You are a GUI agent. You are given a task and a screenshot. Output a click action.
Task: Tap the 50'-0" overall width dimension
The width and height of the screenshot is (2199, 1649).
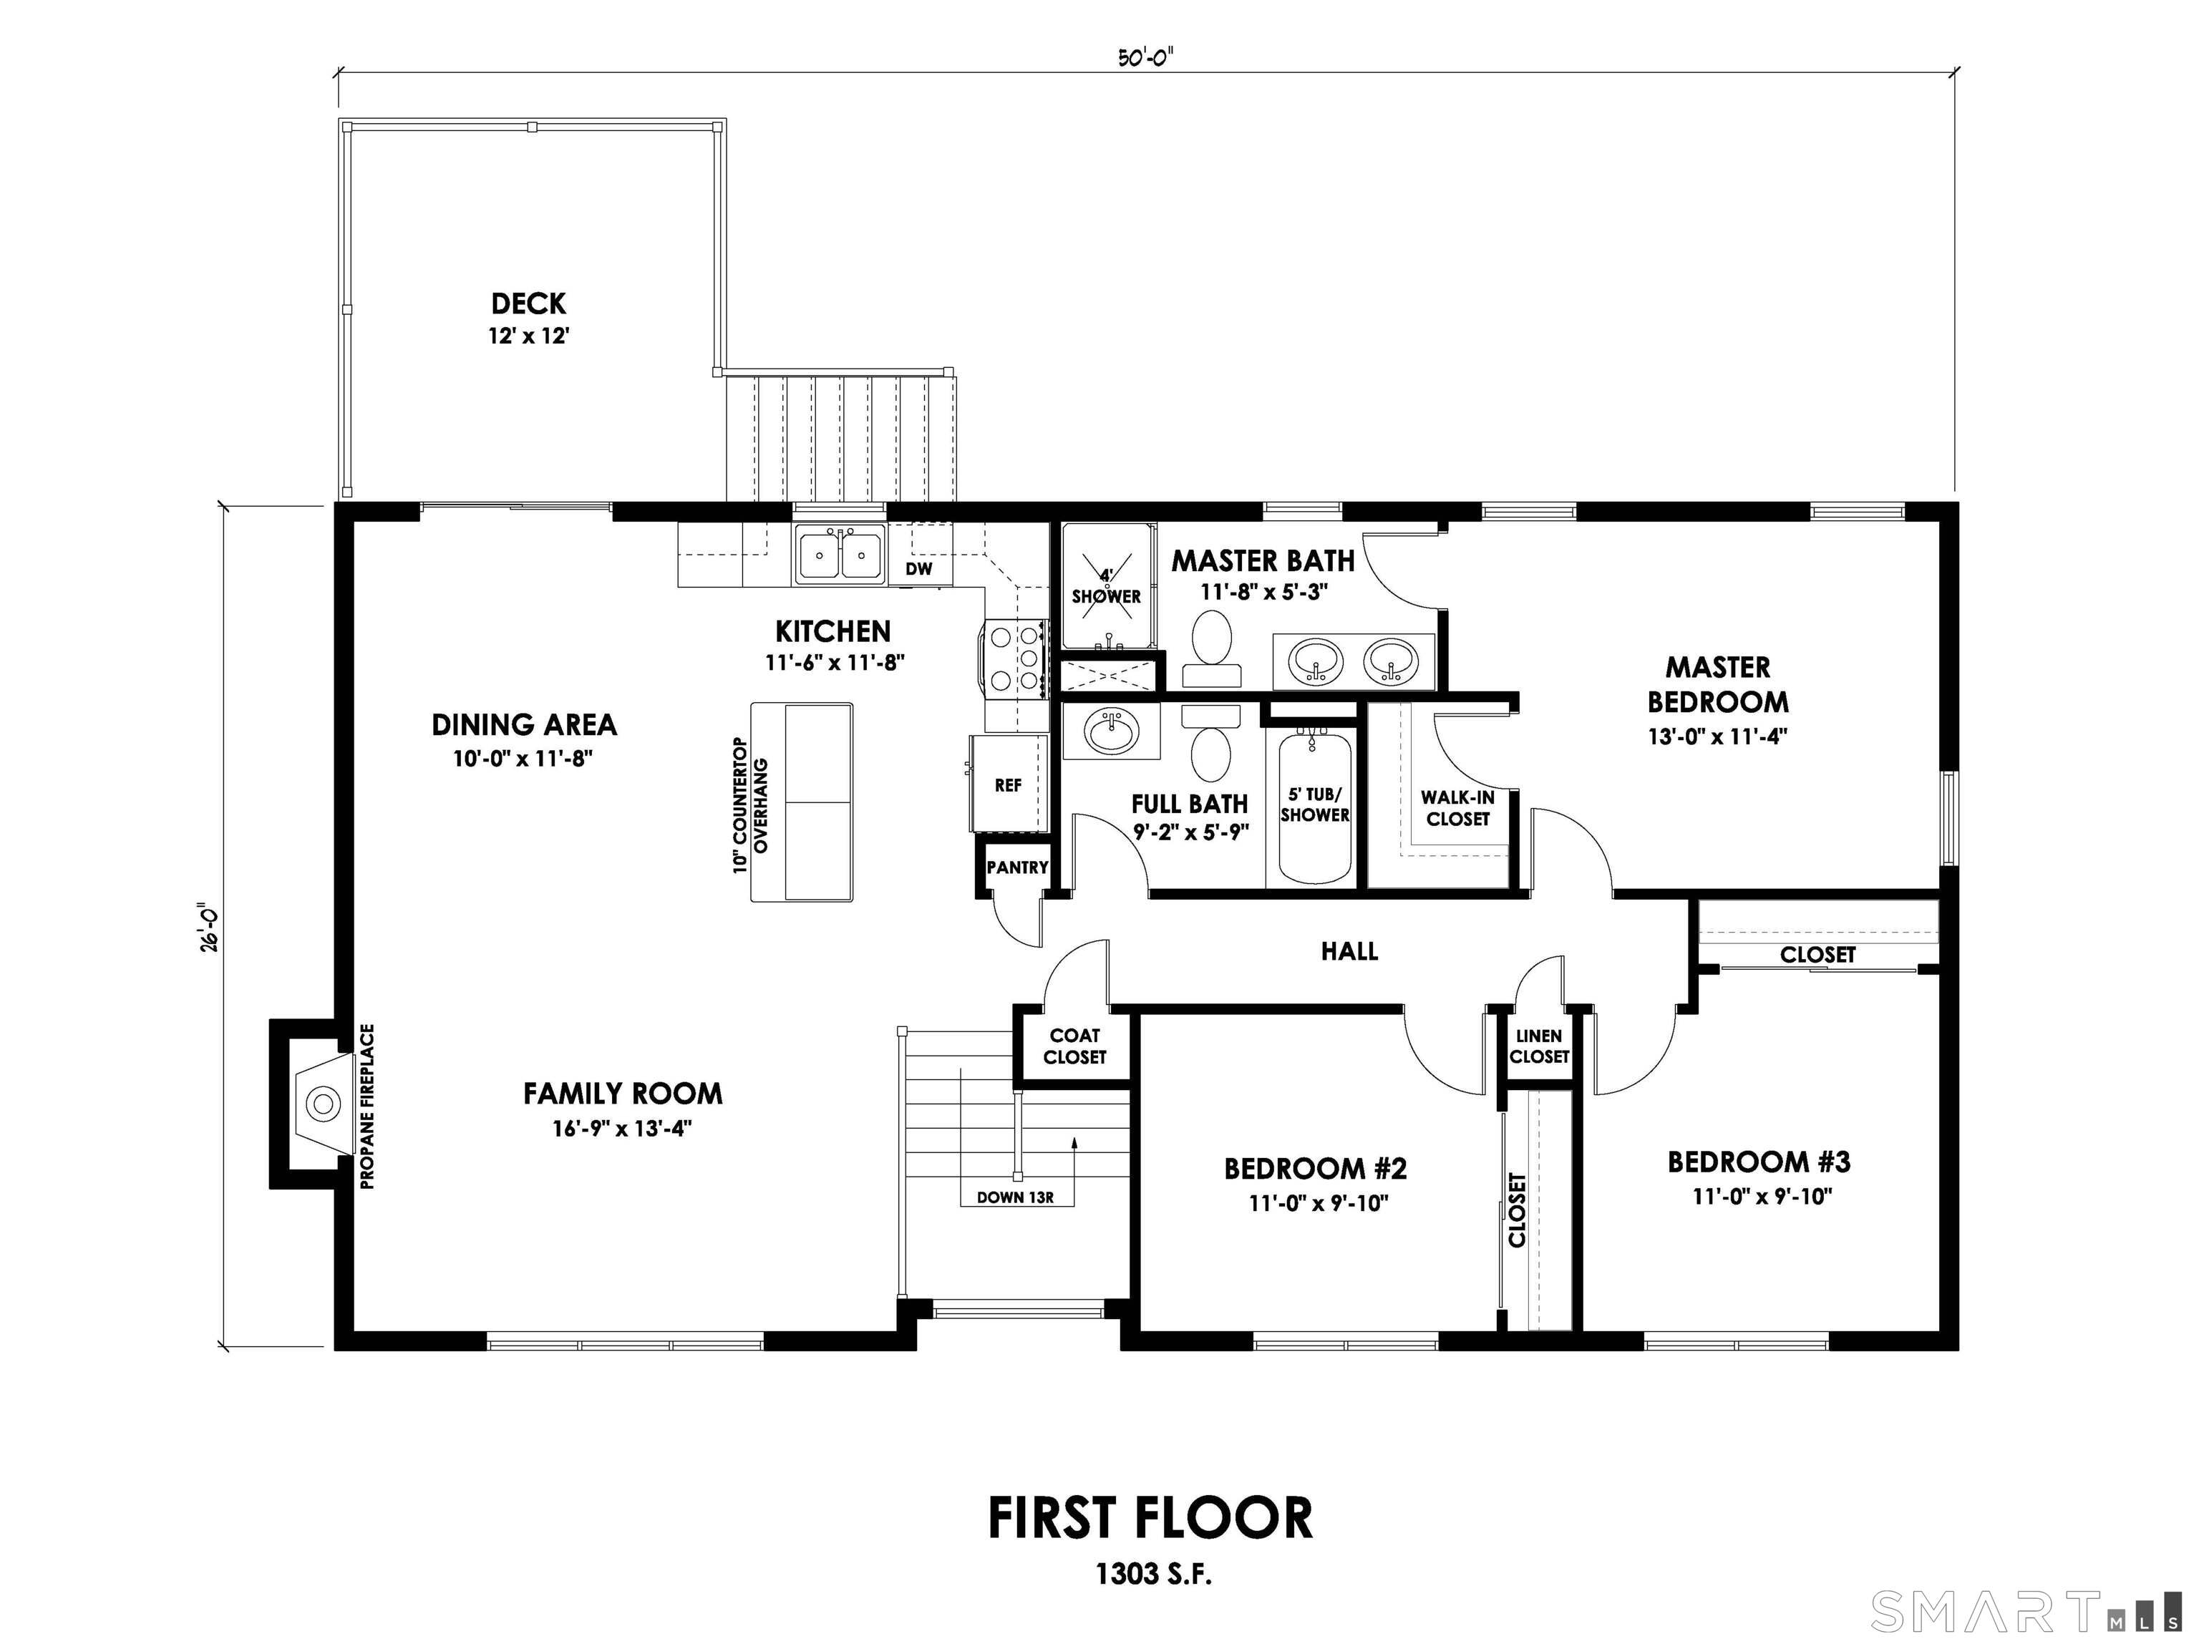coord(1145,58)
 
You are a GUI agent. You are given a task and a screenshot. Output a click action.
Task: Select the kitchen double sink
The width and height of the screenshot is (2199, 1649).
coord(840,555)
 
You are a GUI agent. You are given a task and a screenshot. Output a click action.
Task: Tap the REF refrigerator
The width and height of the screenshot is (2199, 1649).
coord(1008,785)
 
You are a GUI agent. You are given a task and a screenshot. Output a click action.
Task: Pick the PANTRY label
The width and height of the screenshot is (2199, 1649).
coord(1017,867)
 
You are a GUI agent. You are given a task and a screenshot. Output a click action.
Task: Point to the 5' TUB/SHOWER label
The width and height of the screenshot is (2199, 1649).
coord(1314,805)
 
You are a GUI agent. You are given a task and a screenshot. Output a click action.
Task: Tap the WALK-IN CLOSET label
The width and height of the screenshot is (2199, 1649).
coord(1457,808)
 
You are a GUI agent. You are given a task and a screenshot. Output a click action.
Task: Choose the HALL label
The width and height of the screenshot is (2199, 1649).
coord(1349,951)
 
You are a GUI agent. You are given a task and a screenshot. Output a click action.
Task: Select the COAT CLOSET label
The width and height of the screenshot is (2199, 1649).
coord(1074,1046)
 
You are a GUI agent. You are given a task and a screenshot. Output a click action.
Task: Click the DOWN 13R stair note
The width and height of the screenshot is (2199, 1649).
coord(1014,1197)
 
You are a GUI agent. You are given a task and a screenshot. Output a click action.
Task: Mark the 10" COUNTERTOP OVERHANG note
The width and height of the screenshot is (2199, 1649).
coord(752,805)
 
